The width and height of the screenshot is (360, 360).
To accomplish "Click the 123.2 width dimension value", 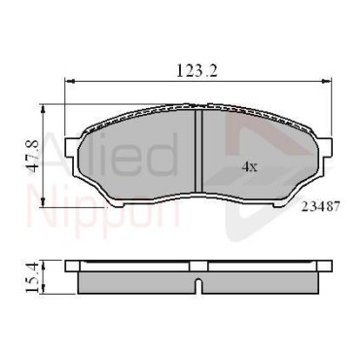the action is coord(197,71).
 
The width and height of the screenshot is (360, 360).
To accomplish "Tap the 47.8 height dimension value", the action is coord(33,157).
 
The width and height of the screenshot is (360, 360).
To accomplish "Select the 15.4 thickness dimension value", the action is coord(33,277).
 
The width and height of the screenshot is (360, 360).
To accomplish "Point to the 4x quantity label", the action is coord(249,167).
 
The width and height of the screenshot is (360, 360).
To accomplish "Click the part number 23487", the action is coord(321,206).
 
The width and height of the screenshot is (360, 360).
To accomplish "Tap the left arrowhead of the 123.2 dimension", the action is coord(70,81).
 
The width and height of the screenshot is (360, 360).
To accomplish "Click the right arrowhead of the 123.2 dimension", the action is coord(327,81).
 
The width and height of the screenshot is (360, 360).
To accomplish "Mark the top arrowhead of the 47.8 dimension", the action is coord(43,109).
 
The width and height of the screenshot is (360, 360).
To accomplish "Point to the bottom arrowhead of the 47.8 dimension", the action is coord(43,202).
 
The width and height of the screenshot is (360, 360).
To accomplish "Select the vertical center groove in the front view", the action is coord(198,151).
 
